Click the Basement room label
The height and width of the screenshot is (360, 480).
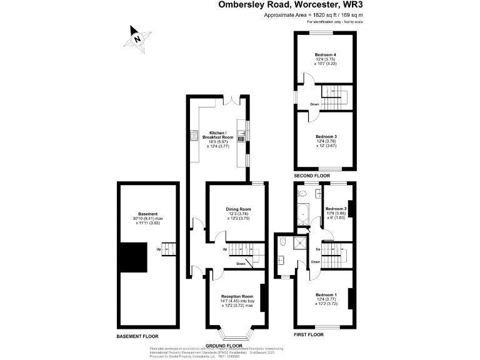tap(148, 214)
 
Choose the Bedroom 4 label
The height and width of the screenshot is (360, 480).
tap(325, 55)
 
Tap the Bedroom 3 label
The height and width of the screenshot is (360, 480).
tap(326, 137)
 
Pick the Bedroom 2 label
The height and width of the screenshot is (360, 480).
tap(336, 209)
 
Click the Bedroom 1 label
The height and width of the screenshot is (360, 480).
tap(326, 294)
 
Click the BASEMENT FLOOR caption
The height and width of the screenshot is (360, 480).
tap(141, 336)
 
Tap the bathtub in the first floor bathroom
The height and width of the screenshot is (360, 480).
tap(302, 212)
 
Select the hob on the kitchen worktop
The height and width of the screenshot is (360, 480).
tap(194, 134)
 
